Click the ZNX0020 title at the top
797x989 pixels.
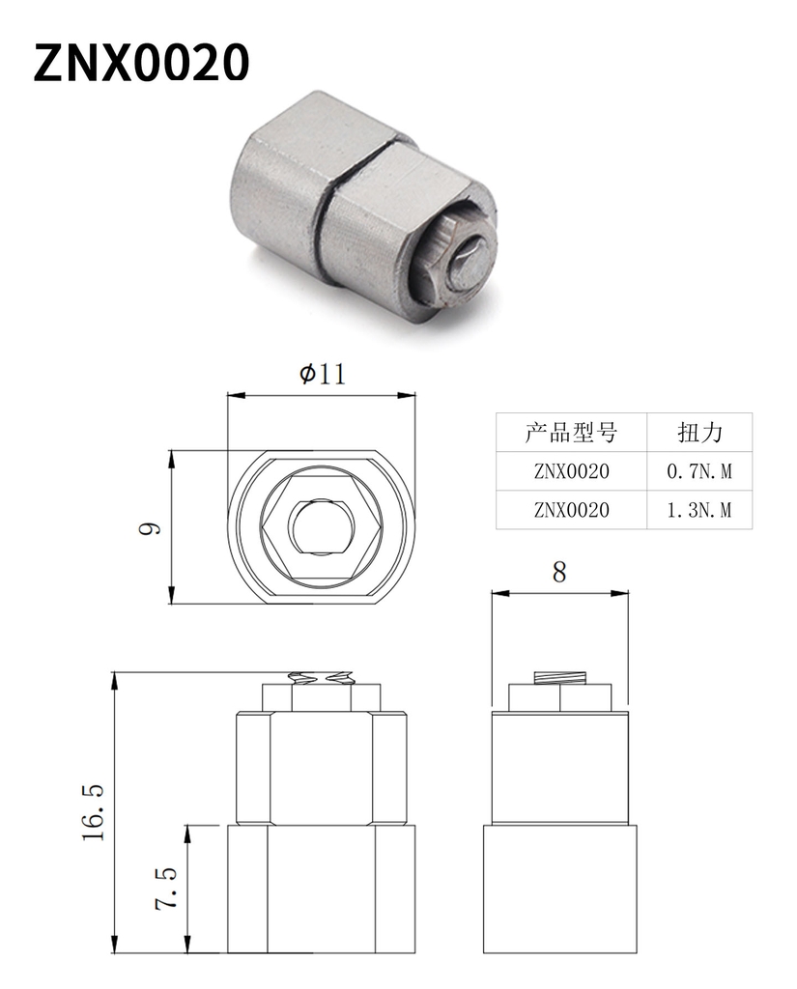click(x=141, y=62)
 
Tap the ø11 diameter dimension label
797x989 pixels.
click(x=323, y=374)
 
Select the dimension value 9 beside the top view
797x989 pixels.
click(x=150, y=528)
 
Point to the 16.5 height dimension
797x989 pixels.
click(x=93, y=811)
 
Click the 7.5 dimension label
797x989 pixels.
click(x=166, y=889)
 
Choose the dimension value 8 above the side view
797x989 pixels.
click(x=559, y=572)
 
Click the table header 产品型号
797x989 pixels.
click(x=571, y=432)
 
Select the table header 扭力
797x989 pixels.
click(x=699, y=432)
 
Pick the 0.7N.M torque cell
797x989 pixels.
click(x=699, y=471)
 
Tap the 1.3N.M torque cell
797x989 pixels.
click(x=699, y=510)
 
